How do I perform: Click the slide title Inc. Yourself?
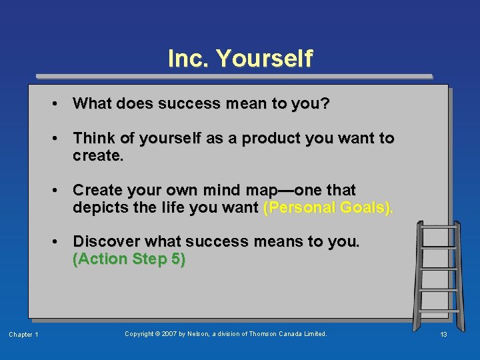pyautogui.click(x=240, y=59)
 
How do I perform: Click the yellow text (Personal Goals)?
pyautogui.click(x=329, y=207)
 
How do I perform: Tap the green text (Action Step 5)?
pyautogui.click(x=129, y=259)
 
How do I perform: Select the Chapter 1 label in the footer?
pyautogui.click(x=23, y=335)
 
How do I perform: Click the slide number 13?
pyautogui.click(x=443, y=335)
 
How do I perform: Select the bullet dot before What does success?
pyautogui.click(x=59, y=104)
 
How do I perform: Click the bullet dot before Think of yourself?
pyautogui.click(x=59, y=139)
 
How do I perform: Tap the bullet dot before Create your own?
pyautogui.click(x=59, y=191)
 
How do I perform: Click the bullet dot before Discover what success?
pyautogui.click(x=59, y=241)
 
